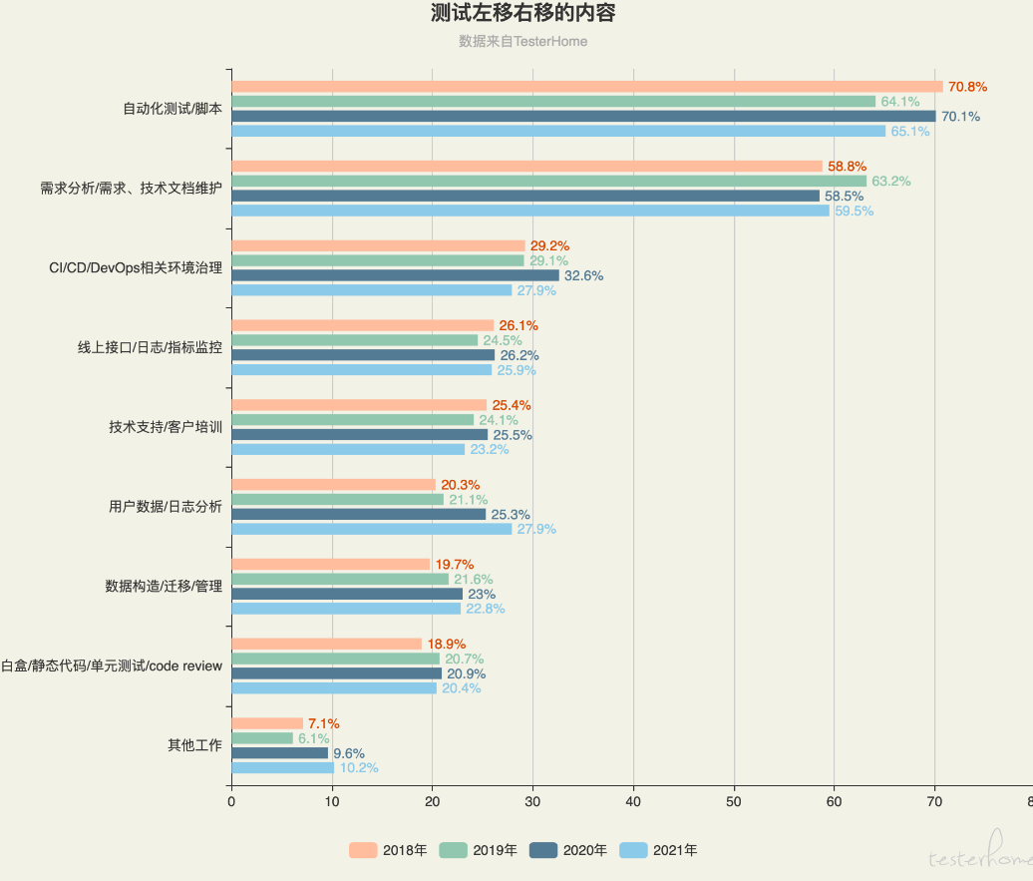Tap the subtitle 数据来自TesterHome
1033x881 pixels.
pyautogui.click(x=522, y=42)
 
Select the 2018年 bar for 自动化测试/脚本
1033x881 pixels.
pyautogui.click(x=586, y=87)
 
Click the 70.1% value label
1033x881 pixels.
pyautogui.click(x=960, y=117)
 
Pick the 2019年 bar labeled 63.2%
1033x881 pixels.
pyautogui.click(x=548, y=182)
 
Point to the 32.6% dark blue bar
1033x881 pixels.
pyautogui.click(x=395, y=275)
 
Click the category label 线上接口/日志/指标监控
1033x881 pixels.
pyautogui.click(x=150, y=347)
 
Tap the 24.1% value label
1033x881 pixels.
pyautogui.click(x=499, y=420)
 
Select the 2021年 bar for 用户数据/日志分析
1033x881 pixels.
pyautogui.click(x=371, y=529)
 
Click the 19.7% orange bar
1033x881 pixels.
pyautogui.click(x=330, y=564)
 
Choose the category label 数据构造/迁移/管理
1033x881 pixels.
pyautogui.click(x=164, y=586)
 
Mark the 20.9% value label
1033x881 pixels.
pyautogui.click(x=466, y=673)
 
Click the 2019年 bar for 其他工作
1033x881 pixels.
pyautogui.click(x=262, y=738)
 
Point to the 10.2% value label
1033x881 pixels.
pyautogui.click(x=359, y=768)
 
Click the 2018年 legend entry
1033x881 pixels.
pyautogui.click(x=388, y=850)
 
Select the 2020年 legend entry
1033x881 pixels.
pyautogui.click(x=568, y=850)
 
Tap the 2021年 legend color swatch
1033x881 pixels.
pyautogui.click(x=633, y=850)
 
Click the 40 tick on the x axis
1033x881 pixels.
pyautogui.click(x=633, y=799)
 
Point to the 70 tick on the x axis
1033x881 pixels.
pyautogui.click(x=935, y=799)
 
